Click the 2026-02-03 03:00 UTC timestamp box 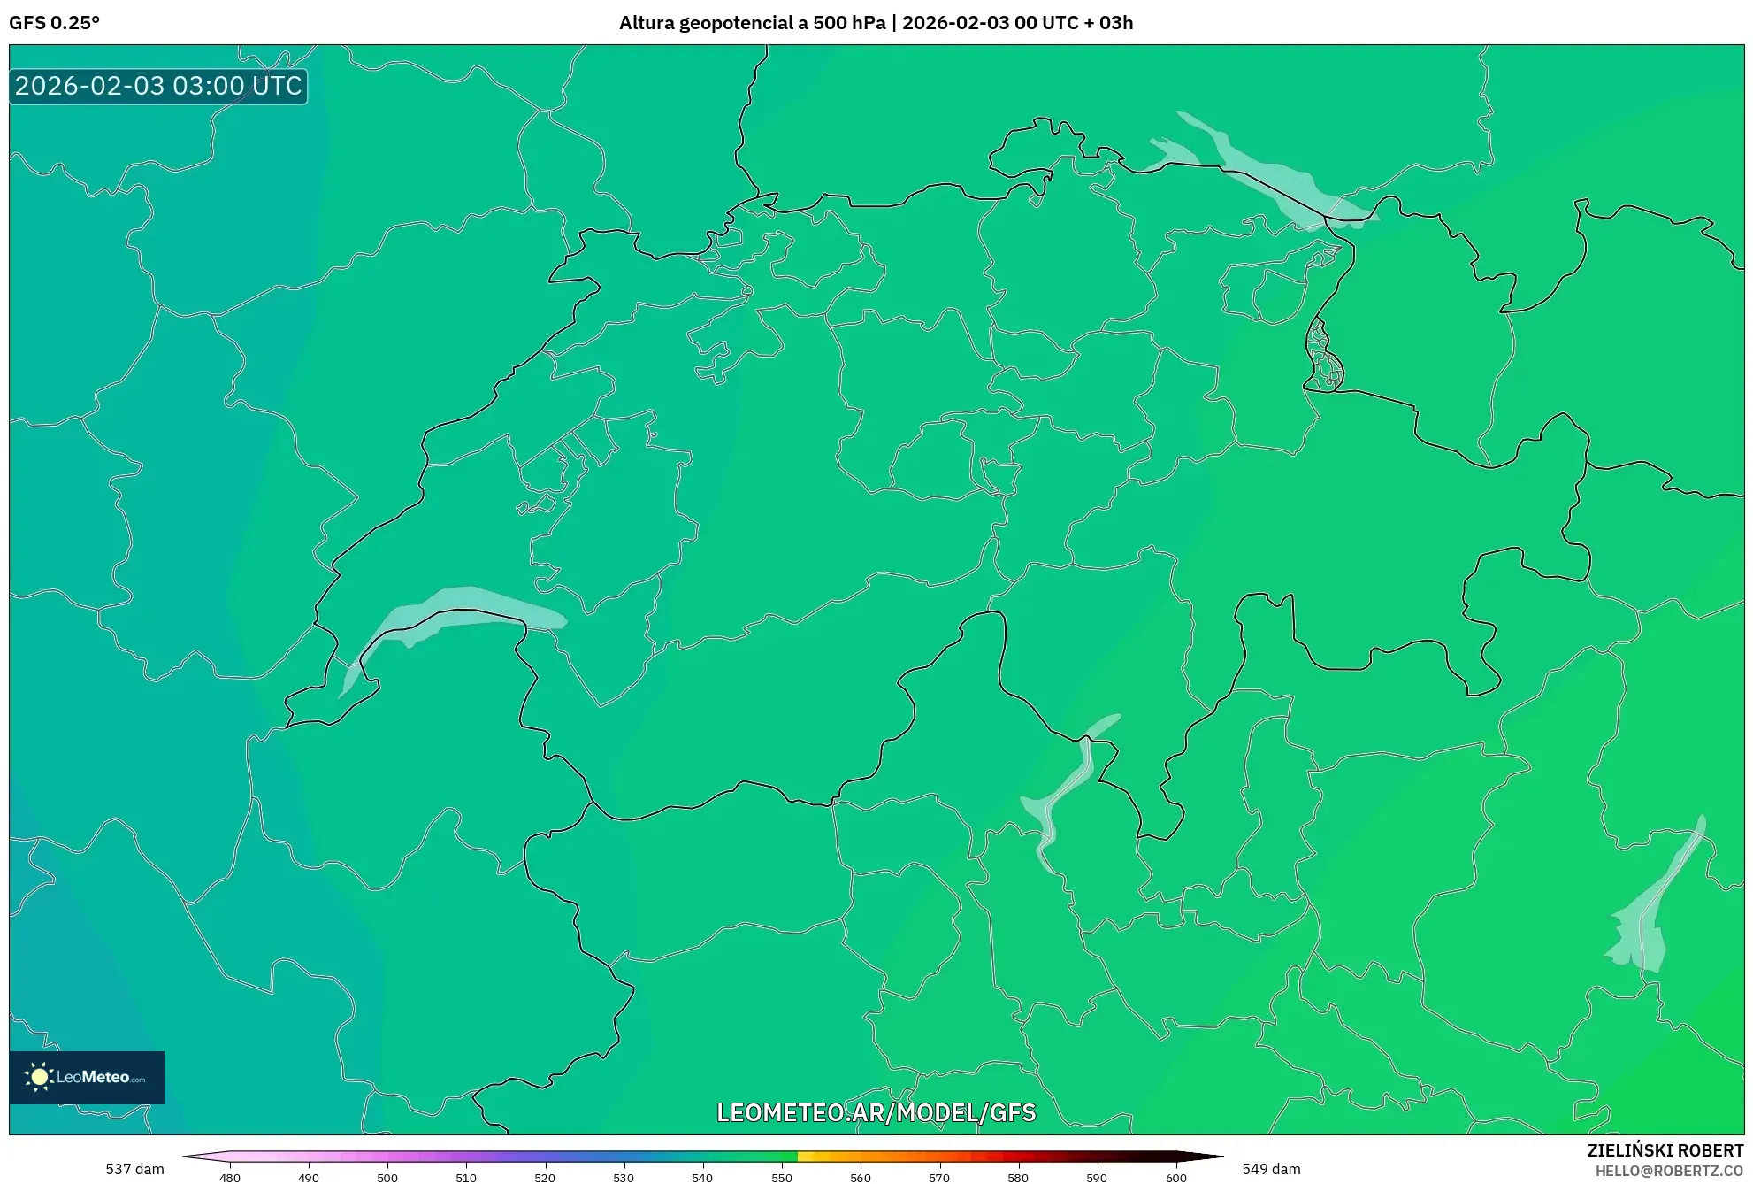pyautogui.click(x=158, y=86)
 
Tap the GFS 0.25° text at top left pyautogui.click(x=55, y=23)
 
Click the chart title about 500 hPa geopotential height pyautogui.click(x=876, y=23)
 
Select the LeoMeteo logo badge pyautogui.click(x=87, y=1077)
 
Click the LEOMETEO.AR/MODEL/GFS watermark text pyautogui.click(x=876, y=1112)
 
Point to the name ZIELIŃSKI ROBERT pyautogui.click(x=1665, y=1150)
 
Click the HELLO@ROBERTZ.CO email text pyautogui.click(x=1669, y=1171)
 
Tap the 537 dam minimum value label pyautogui.click(x=134, y=1169)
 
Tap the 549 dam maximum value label pyautogui.click(x=1271, y=1169)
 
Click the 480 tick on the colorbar pyautogui.click(x=230, y=1178)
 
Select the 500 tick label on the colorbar pyautogui.click(x=387, y=1178)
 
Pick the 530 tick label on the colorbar pyautogui.click(x=624, y=1178)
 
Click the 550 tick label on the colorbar pyautogui.click(x=782, y=1178)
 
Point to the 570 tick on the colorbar pyautogui.click(x=939, y=1178)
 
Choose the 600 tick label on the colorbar pyautogui.click(x=1175, y=1178)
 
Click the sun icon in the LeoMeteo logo pyautogui.click(x=39, y=1077)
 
